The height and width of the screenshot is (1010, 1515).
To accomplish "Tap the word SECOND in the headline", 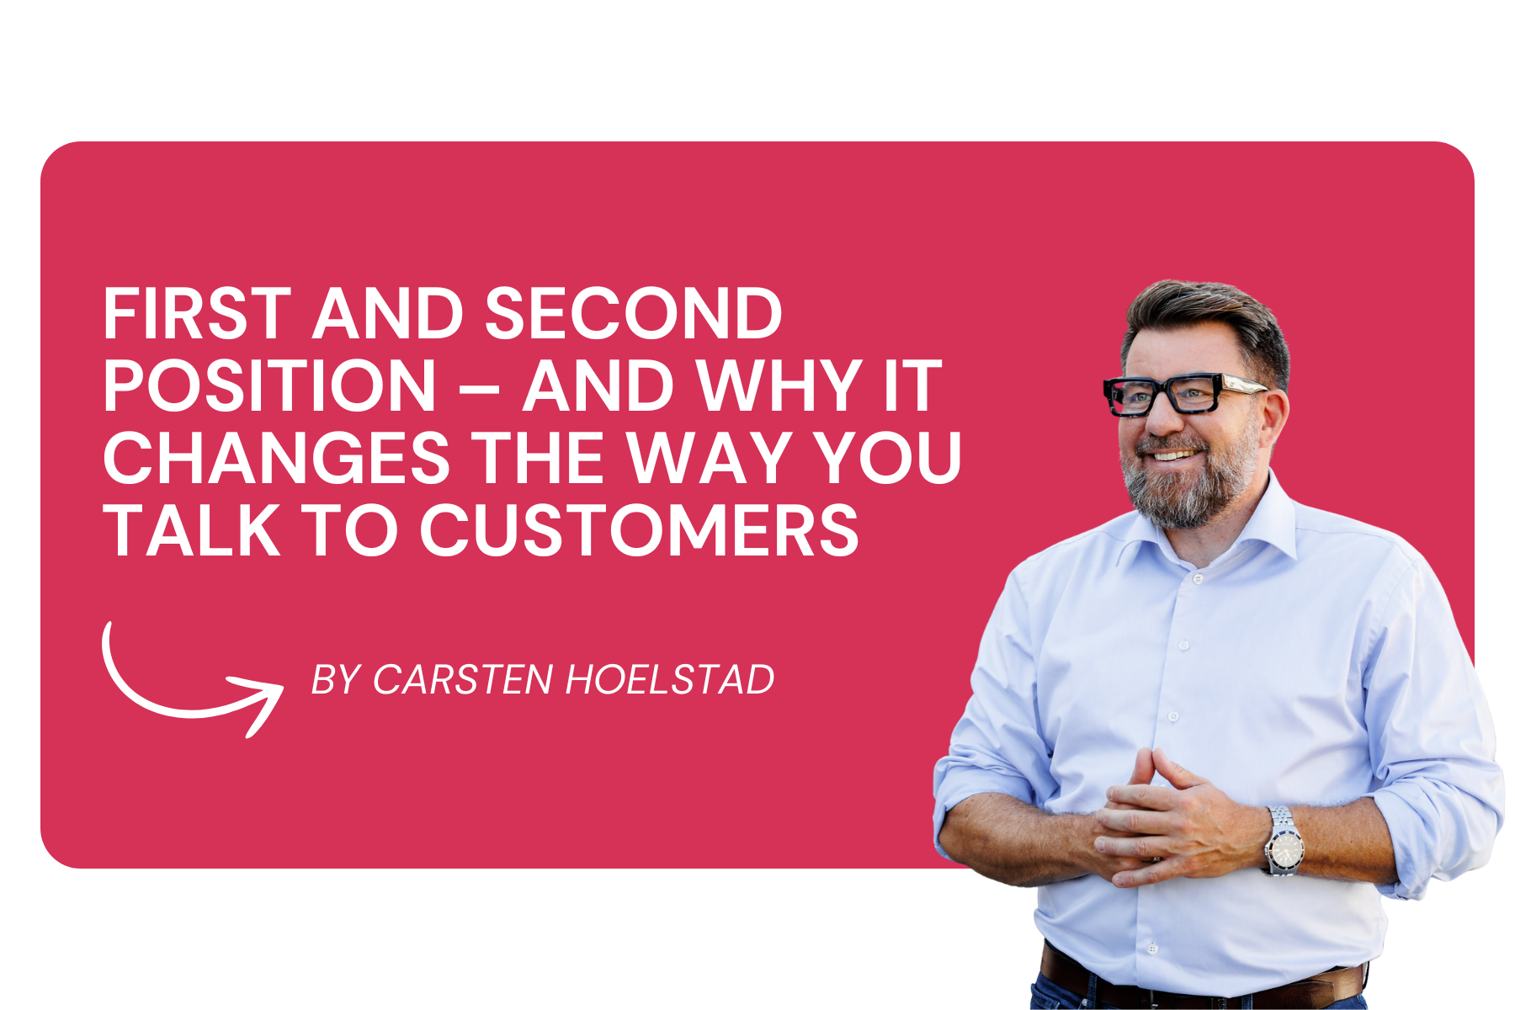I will (634, 313).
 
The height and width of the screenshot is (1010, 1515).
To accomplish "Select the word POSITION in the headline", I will (269, 385).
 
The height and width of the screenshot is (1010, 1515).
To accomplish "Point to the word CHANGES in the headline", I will (276, 458).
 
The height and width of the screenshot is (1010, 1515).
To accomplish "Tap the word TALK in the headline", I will (192, 530).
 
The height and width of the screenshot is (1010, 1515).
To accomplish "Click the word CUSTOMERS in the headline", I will (640, 530).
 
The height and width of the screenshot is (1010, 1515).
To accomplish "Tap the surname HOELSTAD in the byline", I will (670, 680).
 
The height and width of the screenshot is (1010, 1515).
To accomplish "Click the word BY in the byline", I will (336, 680).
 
